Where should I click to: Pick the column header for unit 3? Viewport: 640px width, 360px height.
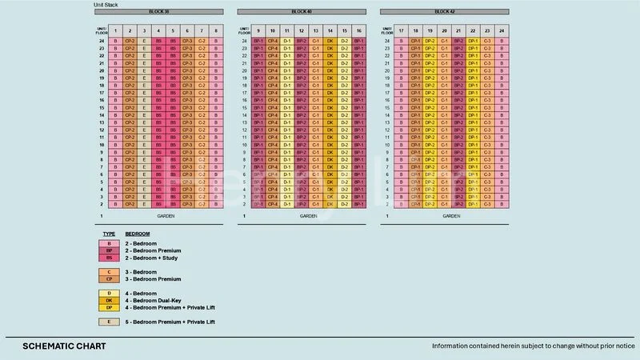click(144, 30)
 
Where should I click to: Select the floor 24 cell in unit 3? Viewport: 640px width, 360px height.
click(144, 40)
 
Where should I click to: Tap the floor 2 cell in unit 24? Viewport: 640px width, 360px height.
click(502, 204)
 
